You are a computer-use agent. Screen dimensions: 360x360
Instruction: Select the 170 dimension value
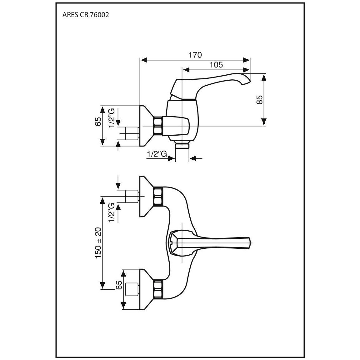195,55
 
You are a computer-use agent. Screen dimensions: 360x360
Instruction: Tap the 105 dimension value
216,65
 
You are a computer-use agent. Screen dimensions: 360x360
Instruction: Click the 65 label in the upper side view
98,121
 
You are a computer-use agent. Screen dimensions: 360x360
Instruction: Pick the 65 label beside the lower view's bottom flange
119,285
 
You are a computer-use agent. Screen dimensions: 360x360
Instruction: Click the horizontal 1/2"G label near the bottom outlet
157,154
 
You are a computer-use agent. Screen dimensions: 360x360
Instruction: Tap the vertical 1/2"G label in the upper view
112,118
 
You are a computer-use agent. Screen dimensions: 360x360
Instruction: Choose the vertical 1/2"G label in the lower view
112,212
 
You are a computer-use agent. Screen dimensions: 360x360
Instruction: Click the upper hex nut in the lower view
158,196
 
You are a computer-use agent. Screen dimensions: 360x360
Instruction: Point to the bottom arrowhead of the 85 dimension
264,122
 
